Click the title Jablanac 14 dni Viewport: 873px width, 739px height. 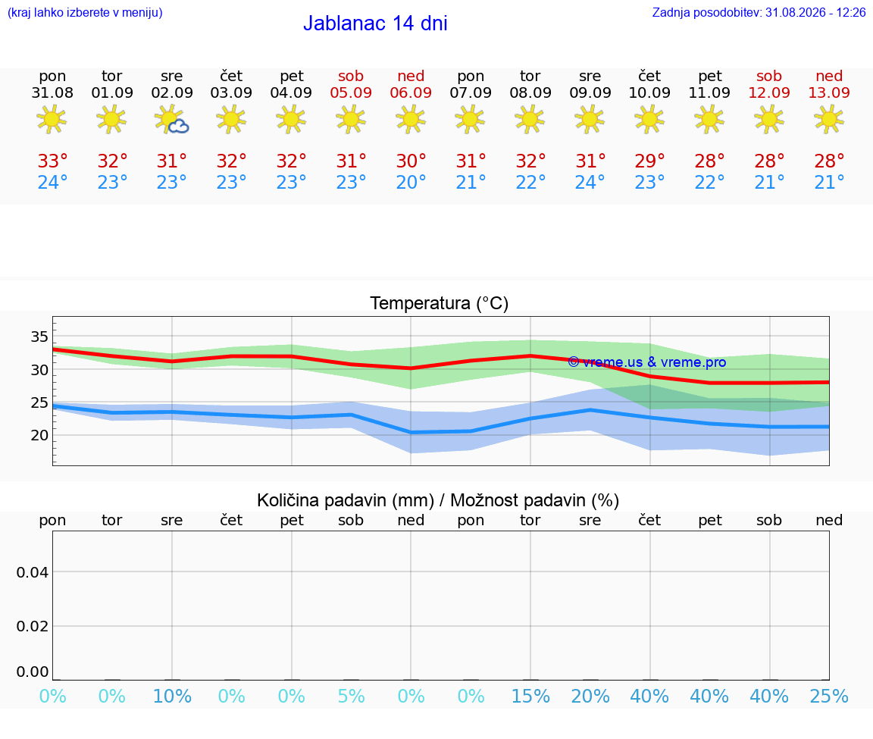375,23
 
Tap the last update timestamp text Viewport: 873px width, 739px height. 759,12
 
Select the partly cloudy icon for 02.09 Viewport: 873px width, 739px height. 171,120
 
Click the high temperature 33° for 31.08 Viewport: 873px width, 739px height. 52,161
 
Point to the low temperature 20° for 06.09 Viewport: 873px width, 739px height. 411,182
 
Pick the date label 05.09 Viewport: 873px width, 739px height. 351,92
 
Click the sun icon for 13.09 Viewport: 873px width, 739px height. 829,119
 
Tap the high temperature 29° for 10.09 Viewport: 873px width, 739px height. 649,161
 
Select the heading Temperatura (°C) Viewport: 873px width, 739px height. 440,303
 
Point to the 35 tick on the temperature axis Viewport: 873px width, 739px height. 39,337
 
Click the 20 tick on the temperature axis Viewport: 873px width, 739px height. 39,435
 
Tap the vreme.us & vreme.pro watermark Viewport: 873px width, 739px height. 647,362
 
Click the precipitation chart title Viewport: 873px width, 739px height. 438,500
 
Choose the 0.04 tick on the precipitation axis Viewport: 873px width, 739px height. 33,572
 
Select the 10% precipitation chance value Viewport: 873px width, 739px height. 172,696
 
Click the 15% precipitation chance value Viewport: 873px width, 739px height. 530,696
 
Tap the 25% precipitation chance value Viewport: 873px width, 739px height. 829,696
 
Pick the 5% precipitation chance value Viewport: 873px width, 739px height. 352,696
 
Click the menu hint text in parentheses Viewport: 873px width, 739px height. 85,13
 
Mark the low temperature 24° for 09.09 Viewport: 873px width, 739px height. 590,182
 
